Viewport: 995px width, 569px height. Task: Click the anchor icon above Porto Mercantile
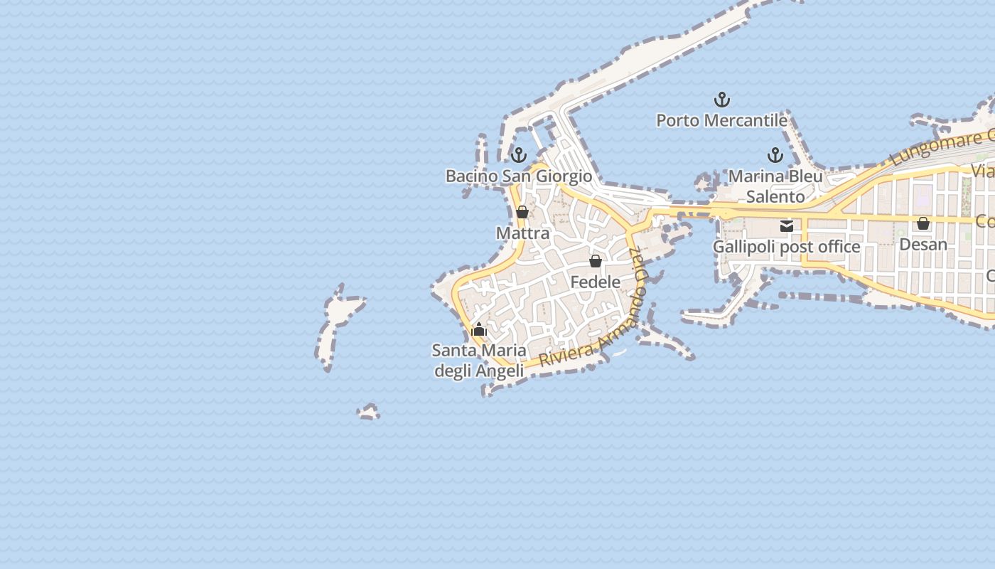click(x=722, y=100)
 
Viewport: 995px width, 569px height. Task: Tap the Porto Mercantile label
click(x=721, y=120)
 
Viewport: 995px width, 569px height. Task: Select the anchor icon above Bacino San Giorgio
click(x=519, y=155)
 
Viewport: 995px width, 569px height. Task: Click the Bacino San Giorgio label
click(x=519, y=176)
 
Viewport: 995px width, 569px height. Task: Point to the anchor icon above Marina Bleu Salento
click(x=775, y=155)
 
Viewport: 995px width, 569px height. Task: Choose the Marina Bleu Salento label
click(x=775, y=186)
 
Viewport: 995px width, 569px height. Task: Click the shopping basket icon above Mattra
click(x=522, y=212)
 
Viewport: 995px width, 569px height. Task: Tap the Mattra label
click(x=522, y=233)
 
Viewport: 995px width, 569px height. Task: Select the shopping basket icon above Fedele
click(x=596, y=261)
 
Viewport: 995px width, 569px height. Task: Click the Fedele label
click(x=596, y=282)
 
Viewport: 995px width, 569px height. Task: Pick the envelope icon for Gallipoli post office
click(x=787, y=226)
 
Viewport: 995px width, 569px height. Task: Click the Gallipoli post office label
click(x=787, y=247)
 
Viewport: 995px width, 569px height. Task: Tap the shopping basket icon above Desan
click(x=923, y=223)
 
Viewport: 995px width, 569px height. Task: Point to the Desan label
click(x=923, y=244)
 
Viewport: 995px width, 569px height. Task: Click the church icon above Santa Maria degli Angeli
click(x=479, y=329)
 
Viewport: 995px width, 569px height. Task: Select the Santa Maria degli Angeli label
click(x=480, y=360)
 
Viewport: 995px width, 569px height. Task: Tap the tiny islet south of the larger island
click(x=368, y=412)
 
